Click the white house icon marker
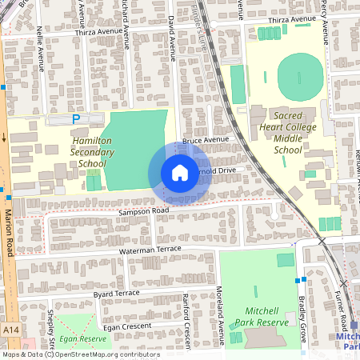coord(179,172)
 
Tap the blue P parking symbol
coord(77,119)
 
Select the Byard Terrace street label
coord(117,294)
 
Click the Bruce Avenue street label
coord(206,140)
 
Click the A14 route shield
coord(10,329)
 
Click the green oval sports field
coord(300,77)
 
